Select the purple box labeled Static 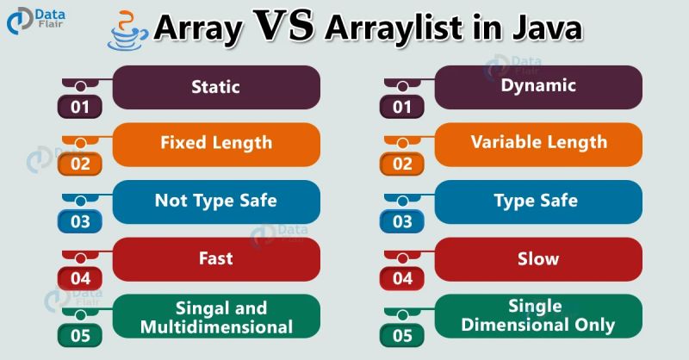216,87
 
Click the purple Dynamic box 538,86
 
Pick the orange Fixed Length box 216,144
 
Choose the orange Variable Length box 538,143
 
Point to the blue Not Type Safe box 216,202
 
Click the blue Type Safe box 538,202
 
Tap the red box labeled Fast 216,258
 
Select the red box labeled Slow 538,258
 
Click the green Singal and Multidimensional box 216,317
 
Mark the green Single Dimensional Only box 538,315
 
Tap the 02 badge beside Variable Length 402,164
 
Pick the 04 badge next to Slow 402,279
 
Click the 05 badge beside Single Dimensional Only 402,336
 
